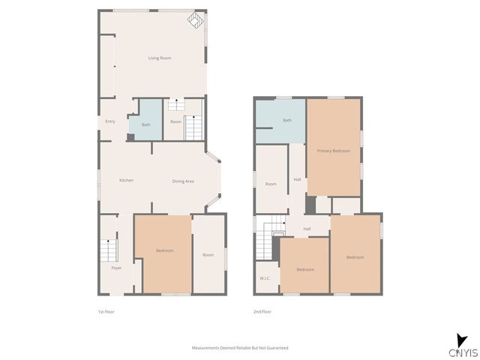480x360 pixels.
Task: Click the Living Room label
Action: click(159, 58)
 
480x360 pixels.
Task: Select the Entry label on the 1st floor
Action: click(110, 121)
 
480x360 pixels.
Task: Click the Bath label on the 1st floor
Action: click(145, 124)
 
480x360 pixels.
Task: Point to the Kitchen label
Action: click(127, 181)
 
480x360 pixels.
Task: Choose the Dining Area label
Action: click(183, 181)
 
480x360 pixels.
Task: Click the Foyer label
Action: click(116, 268)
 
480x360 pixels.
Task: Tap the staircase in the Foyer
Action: click(109, 249)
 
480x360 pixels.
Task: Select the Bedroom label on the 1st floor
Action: click(165, 250)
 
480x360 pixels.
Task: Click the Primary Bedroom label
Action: click(333, 151)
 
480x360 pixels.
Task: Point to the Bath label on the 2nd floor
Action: click(287, 121)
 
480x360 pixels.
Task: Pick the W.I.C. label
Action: click(265, 278)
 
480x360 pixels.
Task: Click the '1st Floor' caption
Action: click(106, 311)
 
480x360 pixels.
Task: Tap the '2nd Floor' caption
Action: click(262, 311)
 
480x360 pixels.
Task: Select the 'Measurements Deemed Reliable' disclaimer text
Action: click(240, 348)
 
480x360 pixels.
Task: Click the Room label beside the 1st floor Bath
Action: click(175, 121)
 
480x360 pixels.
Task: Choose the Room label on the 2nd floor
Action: click(271, 184)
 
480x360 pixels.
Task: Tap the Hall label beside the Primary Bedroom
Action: click(298, 179)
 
